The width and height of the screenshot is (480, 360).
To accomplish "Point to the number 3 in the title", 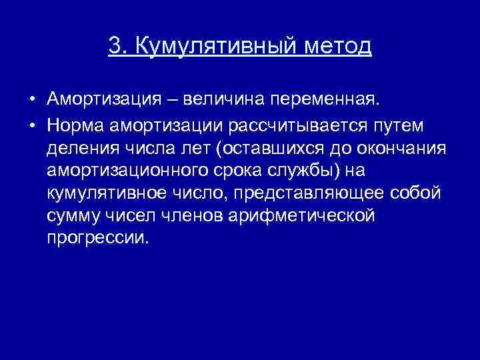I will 115,46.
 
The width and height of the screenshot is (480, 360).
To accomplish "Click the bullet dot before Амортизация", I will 32,101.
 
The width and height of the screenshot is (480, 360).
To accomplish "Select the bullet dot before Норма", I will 32,125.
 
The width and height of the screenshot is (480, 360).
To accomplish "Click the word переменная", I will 327,100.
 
